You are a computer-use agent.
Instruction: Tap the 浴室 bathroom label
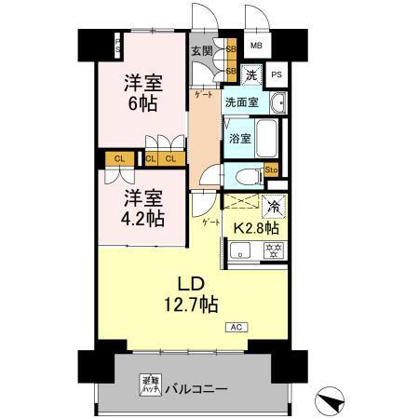(x=239, y=139)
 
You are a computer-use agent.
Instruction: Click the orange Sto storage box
(x=272, y=169)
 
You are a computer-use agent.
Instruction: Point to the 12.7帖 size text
(x=192, y=304)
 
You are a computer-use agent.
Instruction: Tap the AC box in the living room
(x=236, y=327)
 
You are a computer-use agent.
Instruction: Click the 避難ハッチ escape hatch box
(x=149, y=381)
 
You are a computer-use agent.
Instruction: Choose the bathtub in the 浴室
(x=268, y=139)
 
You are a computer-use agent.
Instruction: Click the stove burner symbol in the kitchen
(x=274, y=249)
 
